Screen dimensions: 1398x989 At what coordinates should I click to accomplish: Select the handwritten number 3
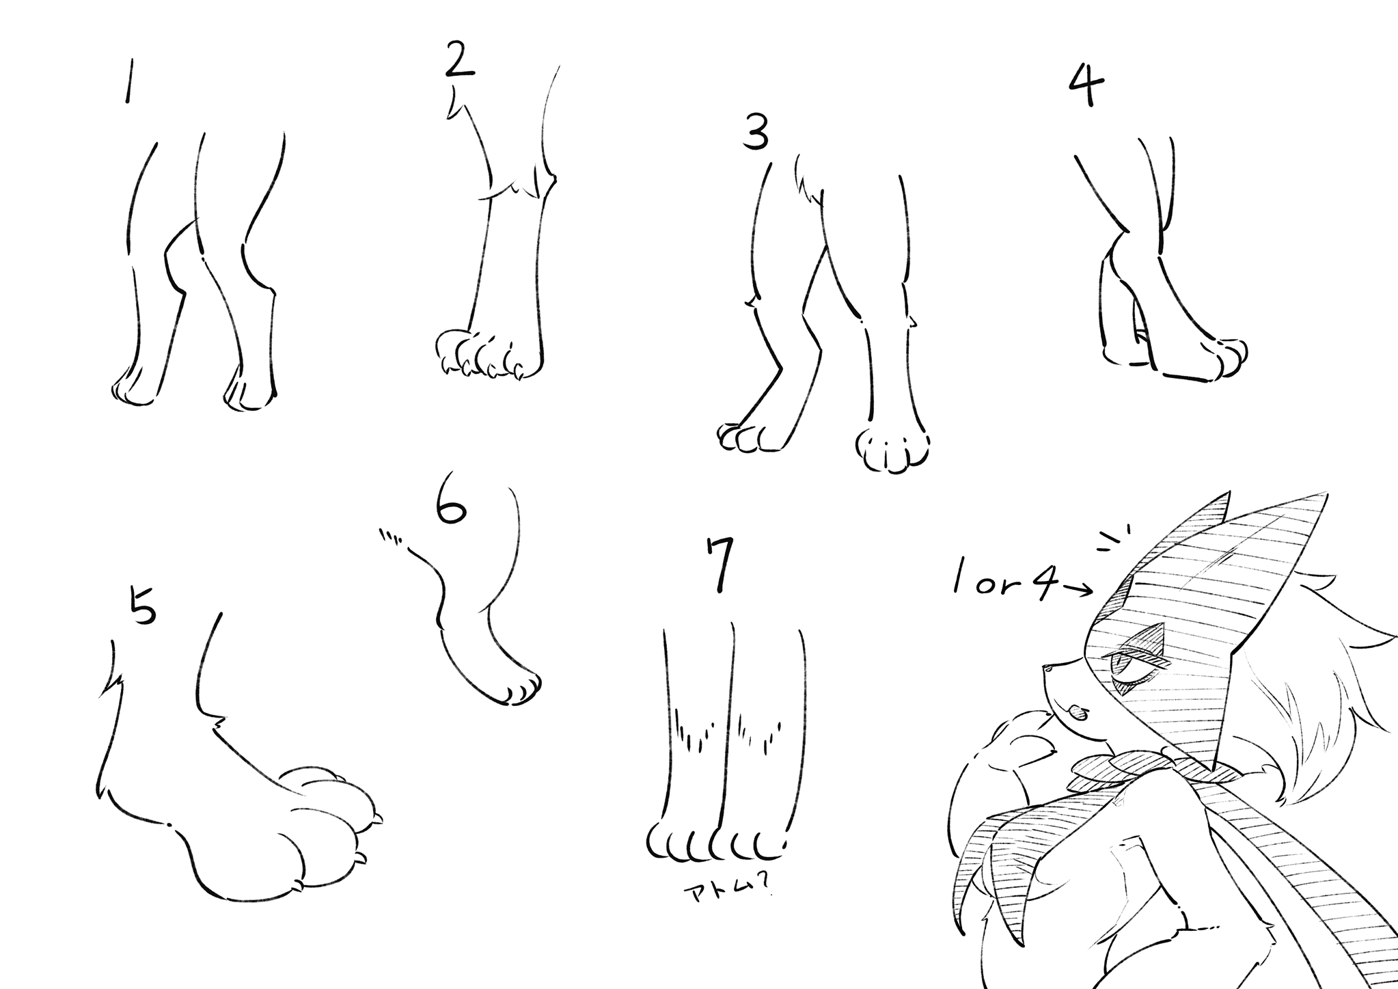point(756,133)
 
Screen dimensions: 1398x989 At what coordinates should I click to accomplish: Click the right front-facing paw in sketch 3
point(892,448)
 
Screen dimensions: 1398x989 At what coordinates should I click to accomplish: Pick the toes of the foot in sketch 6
point(522,690)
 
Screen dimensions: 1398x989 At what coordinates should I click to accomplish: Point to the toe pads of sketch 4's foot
point(1231,357)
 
